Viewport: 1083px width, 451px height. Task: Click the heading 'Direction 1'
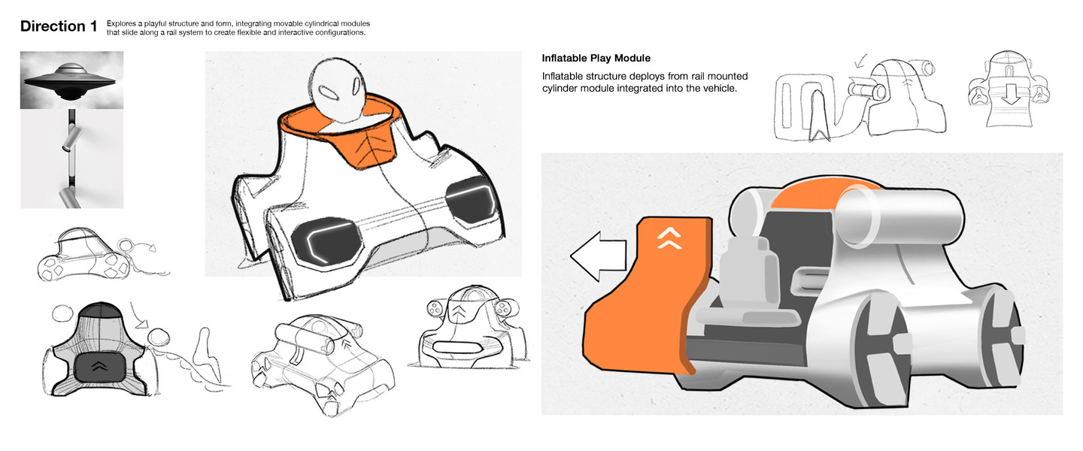[59, 26]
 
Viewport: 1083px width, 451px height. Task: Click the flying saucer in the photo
[71, 83]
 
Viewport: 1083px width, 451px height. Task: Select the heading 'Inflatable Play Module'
[596, 58]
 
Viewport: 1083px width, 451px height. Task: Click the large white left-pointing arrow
[599, 256]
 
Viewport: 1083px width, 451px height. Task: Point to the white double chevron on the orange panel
[669, 239]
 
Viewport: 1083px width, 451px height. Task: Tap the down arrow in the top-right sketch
[1010, 95]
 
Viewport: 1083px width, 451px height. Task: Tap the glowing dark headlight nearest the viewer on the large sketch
[327, 242]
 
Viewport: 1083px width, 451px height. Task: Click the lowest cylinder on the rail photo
[69, 198]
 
